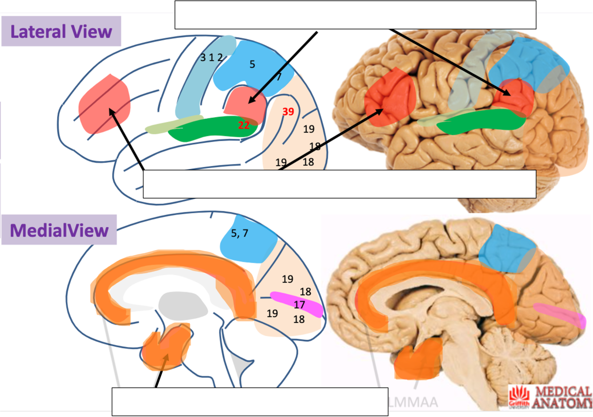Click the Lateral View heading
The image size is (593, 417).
tap(61, 32)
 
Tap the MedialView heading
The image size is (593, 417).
tap(59, 230)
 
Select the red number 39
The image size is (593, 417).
tap(288, 112)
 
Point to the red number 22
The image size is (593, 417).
tap(244, 125)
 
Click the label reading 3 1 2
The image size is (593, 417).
tap(211, 58)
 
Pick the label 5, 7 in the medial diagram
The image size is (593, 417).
tap(240, 233)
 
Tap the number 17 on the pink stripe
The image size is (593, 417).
tap(299, 305)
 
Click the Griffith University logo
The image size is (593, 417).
tap(521, 397)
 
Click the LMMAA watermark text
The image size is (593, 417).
tap(413, 402)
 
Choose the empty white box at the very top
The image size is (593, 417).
tap(355, 15)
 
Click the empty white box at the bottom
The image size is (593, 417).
tap(249, 401)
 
